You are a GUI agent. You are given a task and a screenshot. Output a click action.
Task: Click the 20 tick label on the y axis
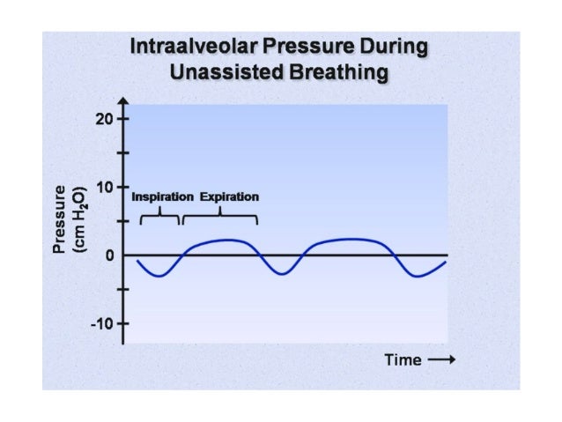coord(107,119)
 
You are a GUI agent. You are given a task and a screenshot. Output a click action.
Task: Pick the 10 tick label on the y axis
coord(107,187)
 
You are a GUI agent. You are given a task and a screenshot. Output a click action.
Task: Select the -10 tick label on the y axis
coord(104,323)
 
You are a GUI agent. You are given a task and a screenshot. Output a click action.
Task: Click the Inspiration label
coord(162,196)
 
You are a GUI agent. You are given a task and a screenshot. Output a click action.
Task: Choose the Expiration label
coord(229,196)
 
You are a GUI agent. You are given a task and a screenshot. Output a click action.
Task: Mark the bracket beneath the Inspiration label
coord(160,216)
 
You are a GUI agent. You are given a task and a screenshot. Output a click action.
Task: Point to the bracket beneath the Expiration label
coord(220,216)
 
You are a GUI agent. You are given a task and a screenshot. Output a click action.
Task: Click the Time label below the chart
coord(403,360)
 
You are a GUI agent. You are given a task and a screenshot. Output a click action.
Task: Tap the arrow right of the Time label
coord(440,360)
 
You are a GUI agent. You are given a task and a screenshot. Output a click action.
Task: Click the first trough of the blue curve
coord(157,276)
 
